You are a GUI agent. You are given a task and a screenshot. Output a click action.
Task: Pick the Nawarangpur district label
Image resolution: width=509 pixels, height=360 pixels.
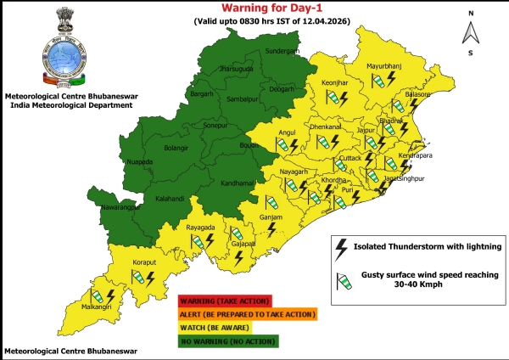115,207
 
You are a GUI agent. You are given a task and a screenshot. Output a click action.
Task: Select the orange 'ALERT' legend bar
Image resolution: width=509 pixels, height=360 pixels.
246,314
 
